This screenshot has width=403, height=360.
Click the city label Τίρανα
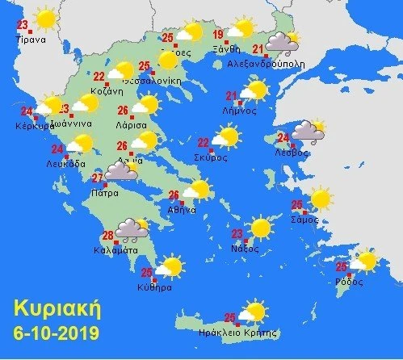click(x=29, y=38)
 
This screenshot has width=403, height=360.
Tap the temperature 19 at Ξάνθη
click(x=218, y=35)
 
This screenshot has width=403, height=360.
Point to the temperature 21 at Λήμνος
click(x=232, y=97)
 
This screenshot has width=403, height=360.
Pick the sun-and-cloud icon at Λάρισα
click(x=145, y=105)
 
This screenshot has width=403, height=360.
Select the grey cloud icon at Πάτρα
click(x=121, y=171)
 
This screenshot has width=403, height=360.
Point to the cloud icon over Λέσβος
click(x=307, y=130)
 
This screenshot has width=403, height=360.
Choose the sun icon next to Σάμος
click(x=321, y=198)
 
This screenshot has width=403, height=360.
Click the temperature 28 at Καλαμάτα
click(x=108, y=236)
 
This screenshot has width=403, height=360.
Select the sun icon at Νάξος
click(x=261, y=228)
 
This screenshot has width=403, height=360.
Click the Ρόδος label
click(x=352, y=283)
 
